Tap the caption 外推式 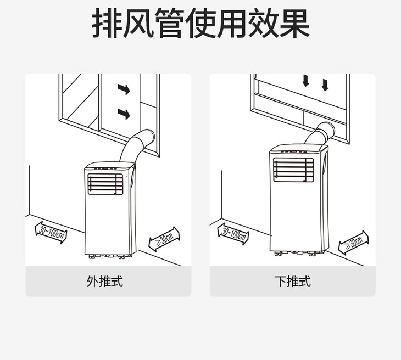(104, 282)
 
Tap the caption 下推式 (293, 282)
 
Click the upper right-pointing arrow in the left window (124, 89)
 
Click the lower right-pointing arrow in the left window (124, 114)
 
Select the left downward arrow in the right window (306, 81)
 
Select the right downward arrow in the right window (325, 85)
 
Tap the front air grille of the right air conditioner (293, 168)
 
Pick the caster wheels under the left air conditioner (109, 256)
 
